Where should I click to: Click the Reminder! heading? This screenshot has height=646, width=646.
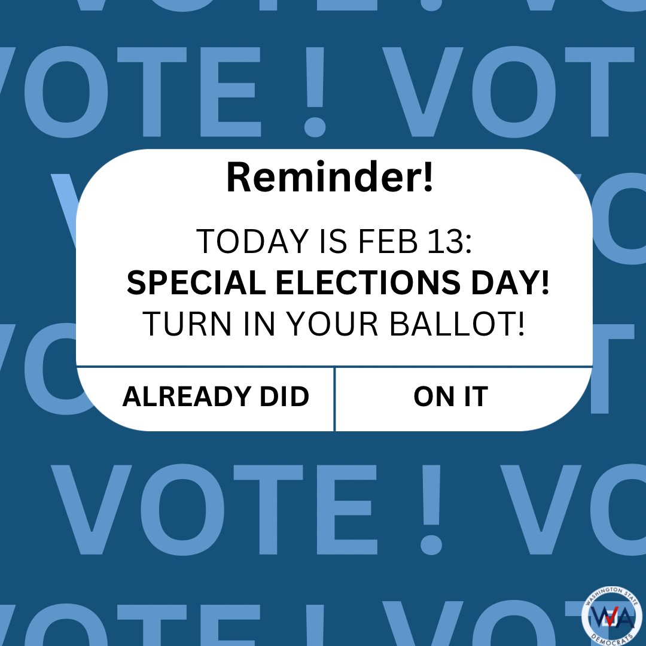click(329, 178)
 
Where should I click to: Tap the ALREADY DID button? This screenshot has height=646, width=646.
click(215, 397)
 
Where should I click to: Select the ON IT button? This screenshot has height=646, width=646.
click(450, 397)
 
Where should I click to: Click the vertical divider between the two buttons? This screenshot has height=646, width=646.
click(334, 398)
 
